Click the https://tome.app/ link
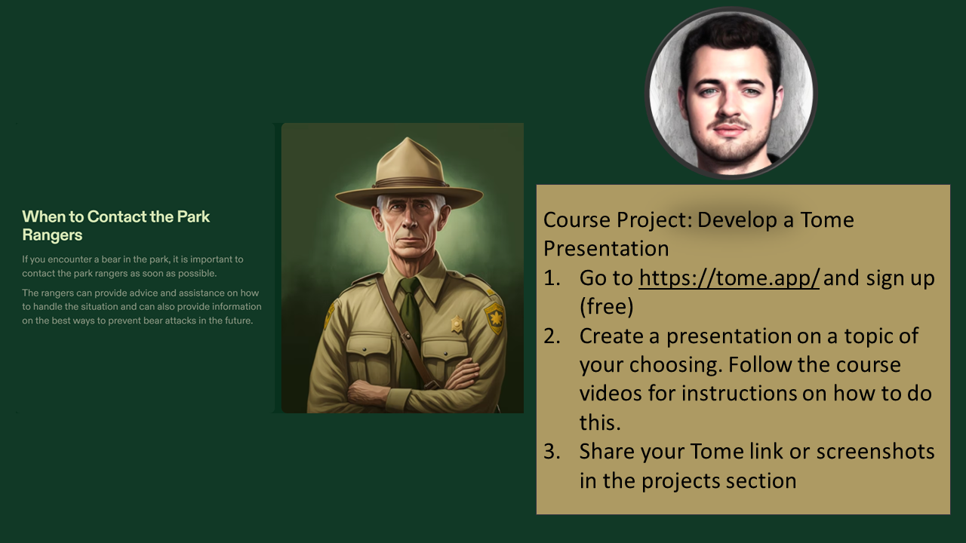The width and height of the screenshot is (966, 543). pos(729,278)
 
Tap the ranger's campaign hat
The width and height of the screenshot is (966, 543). pos(409,176)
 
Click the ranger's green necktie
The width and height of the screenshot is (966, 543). pos(409,332)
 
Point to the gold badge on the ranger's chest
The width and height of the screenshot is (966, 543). pos(457,324)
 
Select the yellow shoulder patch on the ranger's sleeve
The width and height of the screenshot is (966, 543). pos(494,318)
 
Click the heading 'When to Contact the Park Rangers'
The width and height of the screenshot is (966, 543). pos(115,225)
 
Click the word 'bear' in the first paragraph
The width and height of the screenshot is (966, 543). pos(111,259)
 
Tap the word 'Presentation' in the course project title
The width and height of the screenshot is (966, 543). pos(606,249)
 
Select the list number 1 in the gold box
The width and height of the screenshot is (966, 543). pos(551,278)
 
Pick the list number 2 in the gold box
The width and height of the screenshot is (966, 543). pos(552,336)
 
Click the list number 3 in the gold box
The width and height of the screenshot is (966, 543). pos(552,452)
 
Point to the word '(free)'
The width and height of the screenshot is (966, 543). pos(606,307)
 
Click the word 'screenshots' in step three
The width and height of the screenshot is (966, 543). pos(875,452)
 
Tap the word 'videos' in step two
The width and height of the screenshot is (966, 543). pos(611,394)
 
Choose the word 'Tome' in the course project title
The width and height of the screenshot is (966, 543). pos(827,219)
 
